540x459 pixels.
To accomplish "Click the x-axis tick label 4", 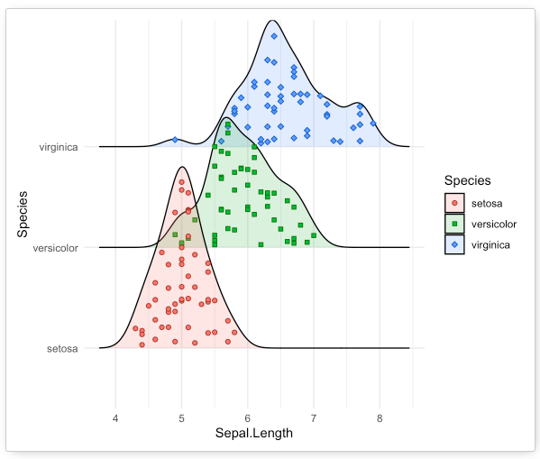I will click(x=115, y=418).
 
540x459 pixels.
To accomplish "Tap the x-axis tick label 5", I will click(x=181, y=418).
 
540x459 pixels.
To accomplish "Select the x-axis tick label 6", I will click(x=248, y=418).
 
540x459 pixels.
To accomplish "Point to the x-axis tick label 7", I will click(x=314, y=418).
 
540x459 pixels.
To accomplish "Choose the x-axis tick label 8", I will click(x=380, y=418).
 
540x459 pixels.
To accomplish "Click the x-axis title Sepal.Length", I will click(x=254, y=435).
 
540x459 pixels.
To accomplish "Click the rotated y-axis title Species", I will click(x=23, y=213).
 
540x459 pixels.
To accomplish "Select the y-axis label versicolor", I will click(x=56, y=247).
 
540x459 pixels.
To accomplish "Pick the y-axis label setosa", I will click(x=62, y=348).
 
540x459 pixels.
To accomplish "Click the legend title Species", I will click(x=465, y=181).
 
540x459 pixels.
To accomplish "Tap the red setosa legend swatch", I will click(x=454, y=203).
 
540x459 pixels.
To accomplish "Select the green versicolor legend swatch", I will click(x=454, y=224).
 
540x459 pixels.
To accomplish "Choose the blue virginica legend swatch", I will click(x=454, y=244).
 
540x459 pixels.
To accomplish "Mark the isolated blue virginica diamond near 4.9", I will click(x=175, y=139).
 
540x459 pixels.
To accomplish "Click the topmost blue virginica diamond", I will click(x=274, y=36).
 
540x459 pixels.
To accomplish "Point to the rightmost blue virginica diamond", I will click(x=372, y=124).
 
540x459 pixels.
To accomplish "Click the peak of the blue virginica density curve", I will click(x=272, y=20).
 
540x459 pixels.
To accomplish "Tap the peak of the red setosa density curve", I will click(x=181, y=167).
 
